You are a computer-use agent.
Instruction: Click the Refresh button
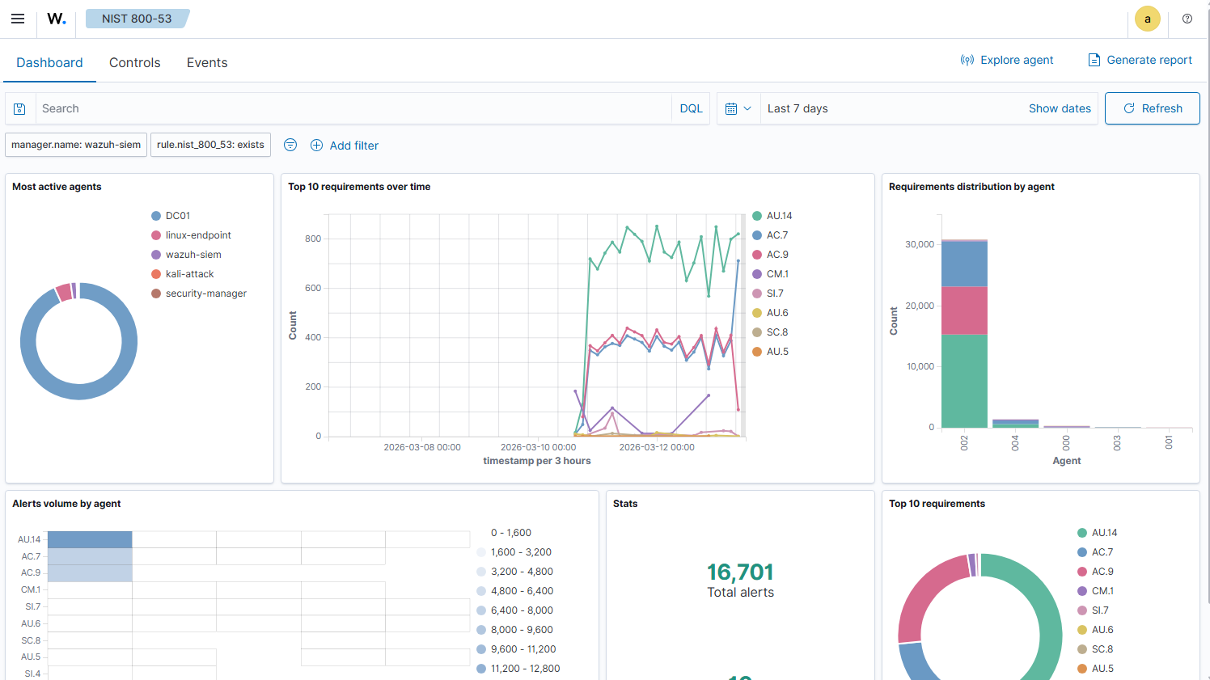[1152, 108]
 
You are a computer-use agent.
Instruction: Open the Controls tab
[135, 63]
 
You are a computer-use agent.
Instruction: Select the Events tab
[207, 63]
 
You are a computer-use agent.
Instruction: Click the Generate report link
[1140, 60]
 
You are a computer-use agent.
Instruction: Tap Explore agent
[1007, 60]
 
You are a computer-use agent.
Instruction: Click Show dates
[1060, 108]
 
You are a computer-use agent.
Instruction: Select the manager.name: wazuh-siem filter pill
[76, 145]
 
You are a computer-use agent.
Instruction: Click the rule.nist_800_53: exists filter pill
[210, 145]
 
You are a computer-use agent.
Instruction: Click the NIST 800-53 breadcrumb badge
[137, 19]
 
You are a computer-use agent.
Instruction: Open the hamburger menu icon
[18, 19]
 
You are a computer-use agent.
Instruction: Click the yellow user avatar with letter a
[1147, 19]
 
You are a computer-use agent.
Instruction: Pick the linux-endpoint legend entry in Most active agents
[198, 235]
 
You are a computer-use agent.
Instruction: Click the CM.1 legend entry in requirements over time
[777, 274]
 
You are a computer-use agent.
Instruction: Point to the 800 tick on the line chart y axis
[313, 239]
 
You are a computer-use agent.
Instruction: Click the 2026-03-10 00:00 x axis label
[538, 447]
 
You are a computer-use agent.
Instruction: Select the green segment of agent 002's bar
[964, 380]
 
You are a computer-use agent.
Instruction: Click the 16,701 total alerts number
[740, 572]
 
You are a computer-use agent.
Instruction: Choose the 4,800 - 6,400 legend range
[522, 591]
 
